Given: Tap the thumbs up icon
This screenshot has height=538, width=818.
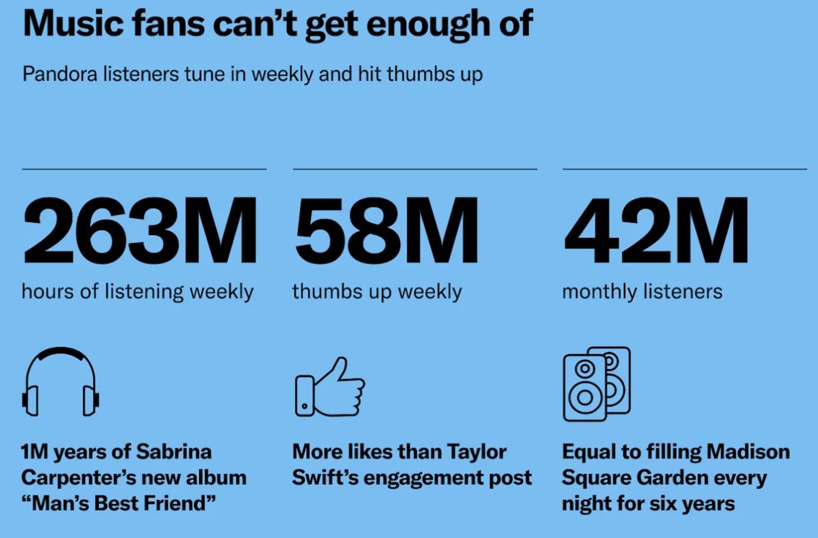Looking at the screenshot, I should (x=330, y=387).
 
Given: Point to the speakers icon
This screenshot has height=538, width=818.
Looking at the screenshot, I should (x=596, y=384).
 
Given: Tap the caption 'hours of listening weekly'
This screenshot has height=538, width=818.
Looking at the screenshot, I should (x=137, y=292).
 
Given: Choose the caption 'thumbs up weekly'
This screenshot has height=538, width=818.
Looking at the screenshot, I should (x=377, y=292).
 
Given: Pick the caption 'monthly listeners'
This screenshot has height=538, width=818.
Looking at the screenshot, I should (x=642, y=292).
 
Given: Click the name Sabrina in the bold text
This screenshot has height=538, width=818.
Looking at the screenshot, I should (x=175, y=452).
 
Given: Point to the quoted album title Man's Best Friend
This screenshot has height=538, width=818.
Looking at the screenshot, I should (x=119, y=503).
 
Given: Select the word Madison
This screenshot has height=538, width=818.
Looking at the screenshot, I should (x=748, y=452).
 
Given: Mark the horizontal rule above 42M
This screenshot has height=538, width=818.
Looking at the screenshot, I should (x=685, y=169).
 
